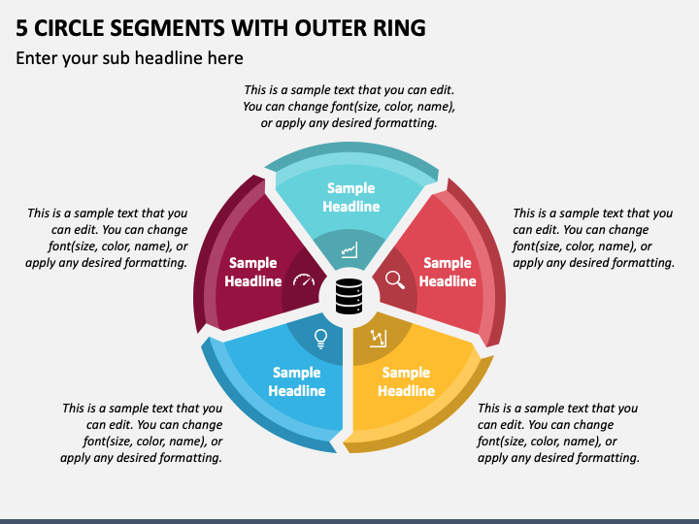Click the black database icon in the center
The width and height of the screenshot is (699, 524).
click(x=349, y=296)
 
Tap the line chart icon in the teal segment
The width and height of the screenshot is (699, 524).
click(x=349, y=250)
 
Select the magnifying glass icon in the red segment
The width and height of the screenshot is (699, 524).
click(x=395, y=279)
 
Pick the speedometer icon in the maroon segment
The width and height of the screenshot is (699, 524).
click(x=304, y=279)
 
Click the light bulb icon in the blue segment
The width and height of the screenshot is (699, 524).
click(x=320, y=339)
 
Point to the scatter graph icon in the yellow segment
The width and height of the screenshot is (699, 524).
click(x=378, y=339)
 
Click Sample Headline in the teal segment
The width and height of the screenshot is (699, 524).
click(x=350, y=197)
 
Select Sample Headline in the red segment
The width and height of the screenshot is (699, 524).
click(x=448, y=272)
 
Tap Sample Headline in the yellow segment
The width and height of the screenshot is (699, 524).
click(x=406, y=381)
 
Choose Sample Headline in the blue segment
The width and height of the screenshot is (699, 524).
click(x=297, y=381)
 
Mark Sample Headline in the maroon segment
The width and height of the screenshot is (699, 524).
click(x=252, y=272)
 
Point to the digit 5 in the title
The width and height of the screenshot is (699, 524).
click(x=21, y=27)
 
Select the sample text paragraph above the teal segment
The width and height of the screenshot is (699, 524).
click(x=349, y=106)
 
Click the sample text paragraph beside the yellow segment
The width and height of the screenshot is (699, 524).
click(x=558, y=433)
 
